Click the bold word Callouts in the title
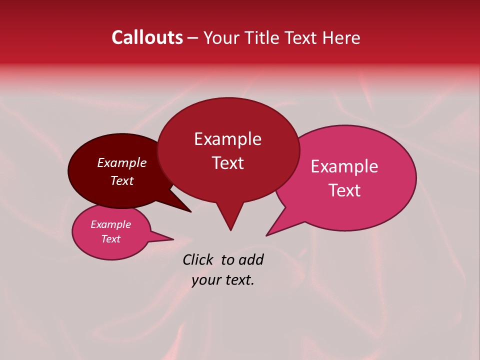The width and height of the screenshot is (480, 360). coord(147,37)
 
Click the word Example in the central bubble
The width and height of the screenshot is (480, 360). coord(227,139)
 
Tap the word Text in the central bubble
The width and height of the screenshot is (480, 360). coord(227,163)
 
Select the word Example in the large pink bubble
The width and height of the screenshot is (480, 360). coord(344,166)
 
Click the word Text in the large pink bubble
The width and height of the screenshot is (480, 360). coord(345,190)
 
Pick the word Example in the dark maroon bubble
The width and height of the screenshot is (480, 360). coord(122,163)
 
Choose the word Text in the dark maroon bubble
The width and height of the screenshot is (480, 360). coord(122,180)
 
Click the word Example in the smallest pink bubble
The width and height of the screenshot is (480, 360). coord(111,224)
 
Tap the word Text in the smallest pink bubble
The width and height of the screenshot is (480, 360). coord(111,239)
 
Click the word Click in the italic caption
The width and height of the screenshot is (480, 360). coord(198,259)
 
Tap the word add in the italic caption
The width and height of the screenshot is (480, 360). coord(251,259)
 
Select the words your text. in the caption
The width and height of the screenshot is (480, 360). coord(223,280)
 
